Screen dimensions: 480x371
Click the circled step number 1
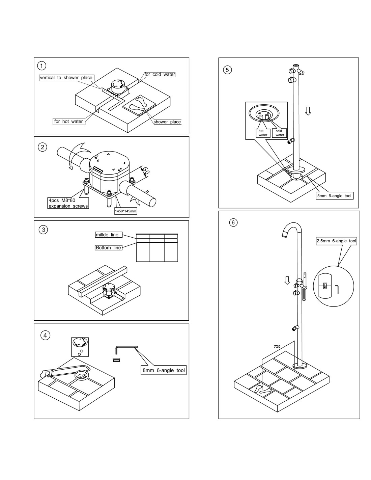click(x=42, y=65)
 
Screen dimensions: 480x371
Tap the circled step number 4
click(x=45, y=335)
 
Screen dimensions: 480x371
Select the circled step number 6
click(x=233, y=222)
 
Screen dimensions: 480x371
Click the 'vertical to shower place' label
click(x=66, y=78)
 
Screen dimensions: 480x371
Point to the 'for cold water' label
click(x=160, y=74)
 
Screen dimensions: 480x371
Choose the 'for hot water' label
click(x=68, y=122)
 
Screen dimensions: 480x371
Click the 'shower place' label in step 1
click(x=167, y=122)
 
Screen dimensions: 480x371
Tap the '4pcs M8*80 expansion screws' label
click(x=68, y=203)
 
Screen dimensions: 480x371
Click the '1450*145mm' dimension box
click(x=125, y=211)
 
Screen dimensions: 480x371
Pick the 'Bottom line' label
click(x=108, y=247)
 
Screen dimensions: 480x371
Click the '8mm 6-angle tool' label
click(x=164, y=370)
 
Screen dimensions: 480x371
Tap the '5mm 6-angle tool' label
click(x=335, y=196)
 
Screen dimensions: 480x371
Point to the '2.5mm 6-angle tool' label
click(x=336, y=241)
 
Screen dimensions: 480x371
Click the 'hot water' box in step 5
click(x=263, y=133)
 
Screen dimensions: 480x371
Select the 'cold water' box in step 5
click(x=279, y=133)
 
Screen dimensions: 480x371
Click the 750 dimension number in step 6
click(x=277, y=346)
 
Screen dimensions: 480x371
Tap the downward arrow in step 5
click(x=308, y=111)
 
